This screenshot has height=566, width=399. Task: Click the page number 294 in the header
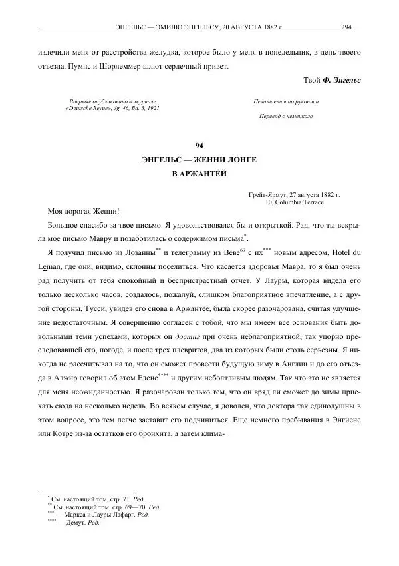[346, 27]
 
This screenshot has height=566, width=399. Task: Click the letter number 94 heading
[199, 146]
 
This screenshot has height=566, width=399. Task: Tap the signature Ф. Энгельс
[341, 80]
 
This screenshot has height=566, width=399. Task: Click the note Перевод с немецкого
[286, 115]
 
